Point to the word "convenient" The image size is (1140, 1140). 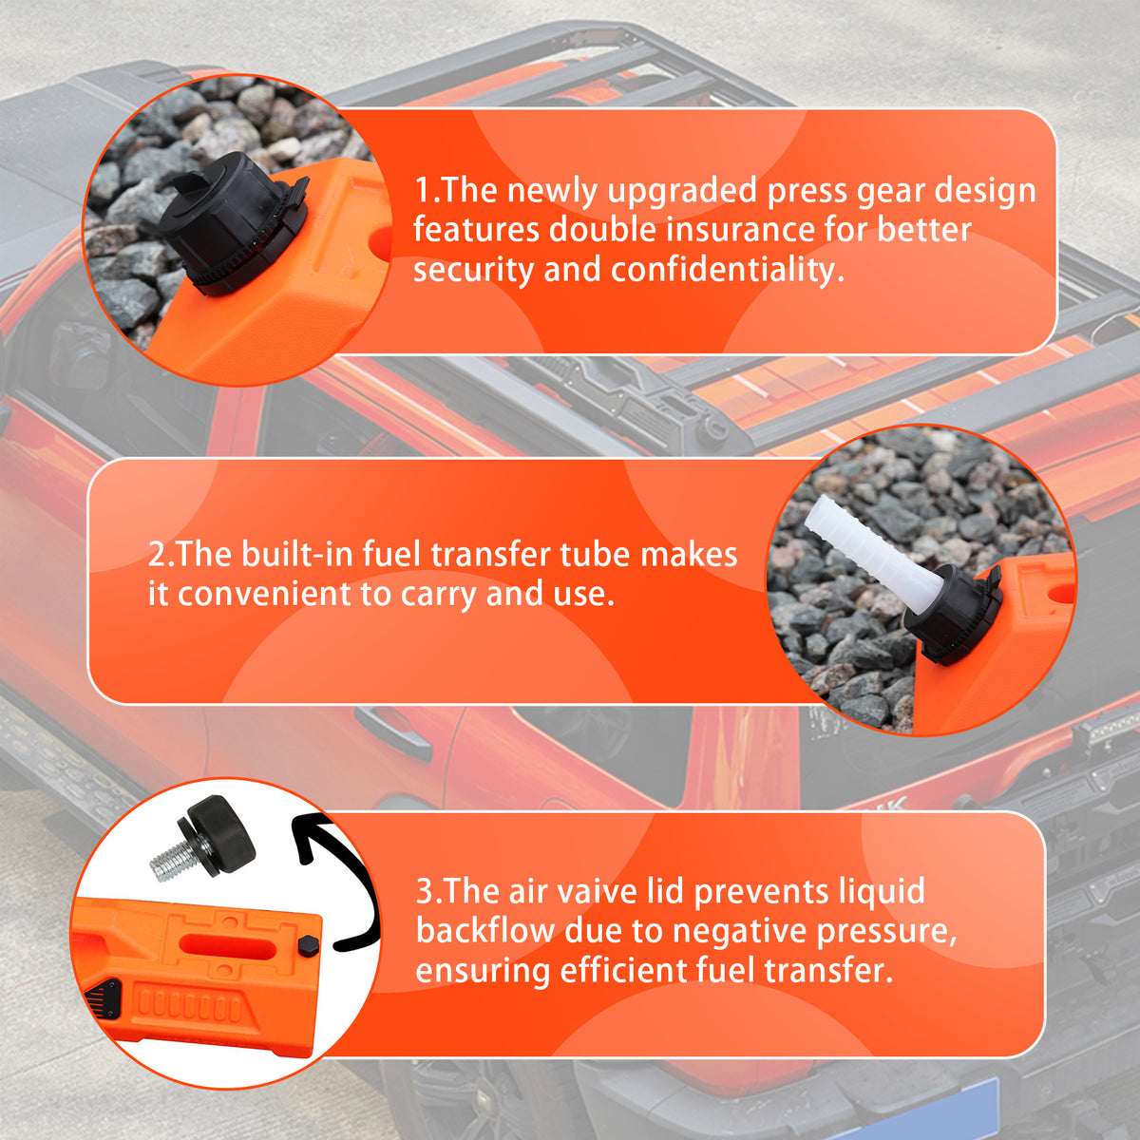264,594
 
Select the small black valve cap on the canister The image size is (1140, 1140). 309,944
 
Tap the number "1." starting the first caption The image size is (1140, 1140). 427,192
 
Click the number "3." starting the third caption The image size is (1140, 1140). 428,891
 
